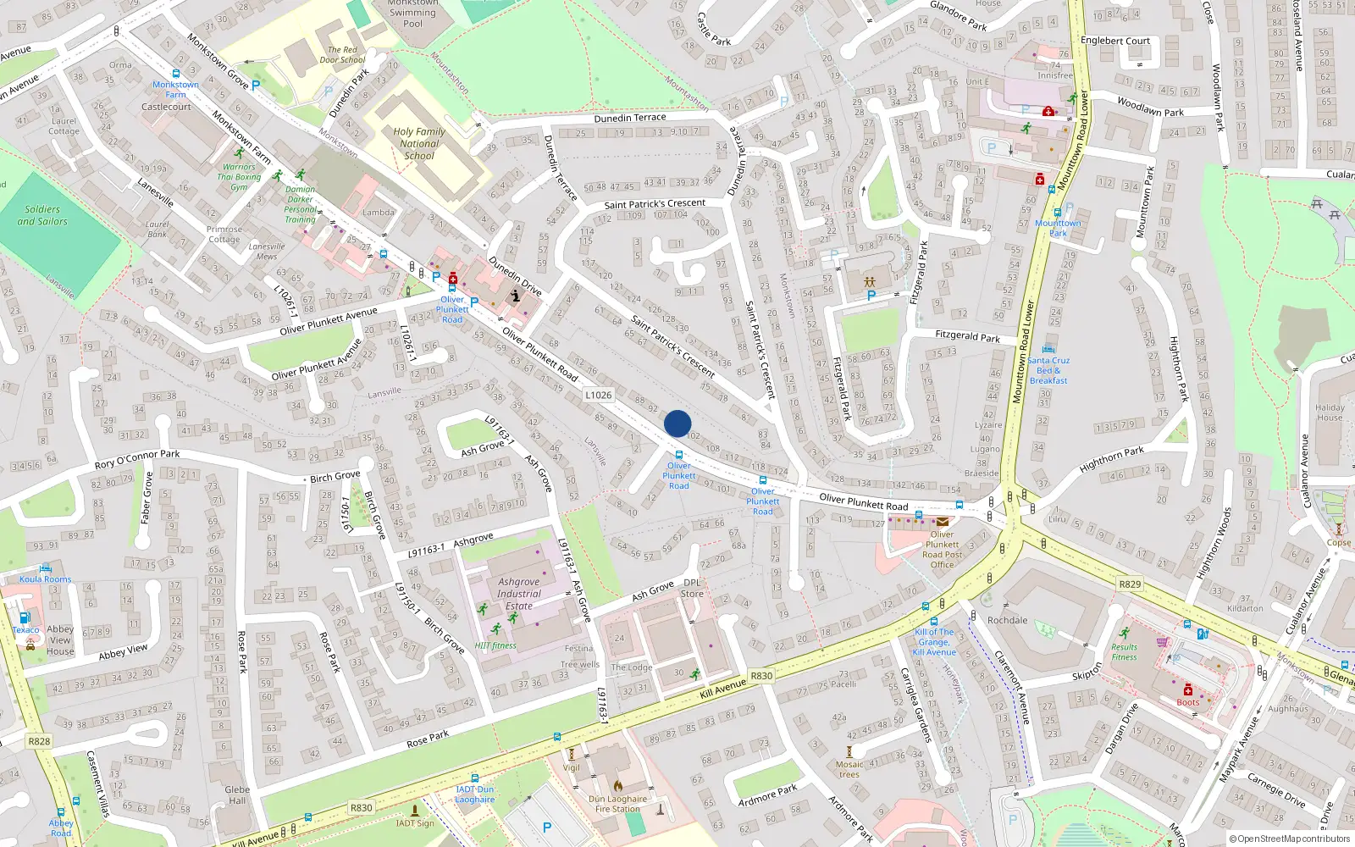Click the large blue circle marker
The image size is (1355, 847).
pos(677,423)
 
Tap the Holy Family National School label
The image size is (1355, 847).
pos(419,144)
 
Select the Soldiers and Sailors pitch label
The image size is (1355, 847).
pos(42,215)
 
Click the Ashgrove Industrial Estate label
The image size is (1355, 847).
pos(519,594)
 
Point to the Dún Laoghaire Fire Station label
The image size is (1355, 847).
pos(618,804)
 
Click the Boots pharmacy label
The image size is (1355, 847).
pos(1187,702)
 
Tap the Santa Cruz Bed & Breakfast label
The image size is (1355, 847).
pos(1048,370)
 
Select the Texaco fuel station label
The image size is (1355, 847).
pos(25,629)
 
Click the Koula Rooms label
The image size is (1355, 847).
pos(46,579)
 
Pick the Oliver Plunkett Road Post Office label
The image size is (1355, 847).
pos(942,550)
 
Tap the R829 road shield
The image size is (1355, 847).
pos(1130,584)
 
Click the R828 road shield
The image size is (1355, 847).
pos(39,741)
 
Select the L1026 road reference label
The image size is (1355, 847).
pos(598,395)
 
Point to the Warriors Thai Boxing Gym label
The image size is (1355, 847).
pos(239,177)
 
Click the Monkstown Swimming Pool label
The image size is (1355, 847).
pos(412,13)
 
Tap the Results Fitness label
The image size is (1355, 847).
pos(1124,651)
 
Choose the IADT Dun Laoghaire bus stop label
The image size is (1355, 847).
pos(474,794)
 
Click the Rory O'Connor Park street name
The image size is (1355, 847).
pos(137,459)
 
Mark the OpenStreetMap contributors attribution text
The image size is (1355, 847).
pos(1291,839)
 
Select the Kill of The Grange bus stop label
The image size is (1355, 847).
pos(934,642)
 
